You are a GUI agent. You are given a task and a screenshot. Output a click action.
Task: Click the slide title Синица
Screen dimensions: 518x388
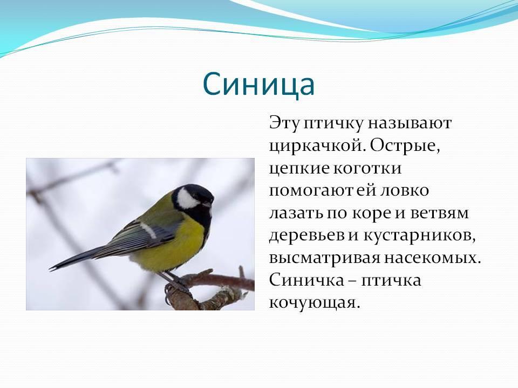(x=258, y=84)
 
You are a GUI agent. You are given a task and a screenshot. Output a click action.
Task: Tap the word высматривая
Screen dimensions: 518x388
(x=324, y=258)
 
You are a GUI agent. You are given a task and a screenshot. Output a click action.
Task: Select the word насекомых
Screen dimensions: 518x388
(x=432, y=258)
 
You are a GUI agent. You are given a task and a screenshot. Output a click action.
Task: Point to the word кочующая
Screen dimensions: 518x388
(x=314, y=303)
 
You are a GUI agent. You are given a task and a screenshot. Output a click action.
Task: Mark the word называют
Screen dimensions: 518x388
(x=410, y=123)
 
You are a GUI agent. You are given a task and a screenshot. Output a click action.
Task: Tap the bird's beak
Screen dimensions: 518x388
(x=209, y=204)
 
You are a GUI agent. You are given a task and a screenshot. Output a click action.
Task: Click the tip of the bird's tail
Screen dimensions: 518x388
(x=51, y=269)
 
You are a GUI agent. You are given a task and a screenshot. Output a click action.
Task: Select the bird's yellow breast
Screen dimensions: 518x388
(x=179, y=242)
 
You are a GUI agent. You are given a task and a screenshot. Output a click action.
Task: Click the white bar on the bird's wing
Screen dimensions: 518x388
(x=148, y=230)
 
